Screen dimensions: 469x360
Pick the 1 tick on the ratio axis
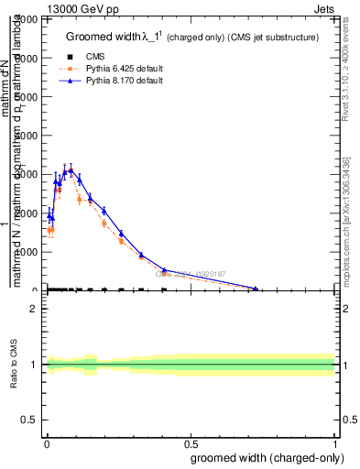tap(34, 365)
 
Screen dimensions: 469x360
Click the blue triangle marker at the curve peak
tap(71, 169)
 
